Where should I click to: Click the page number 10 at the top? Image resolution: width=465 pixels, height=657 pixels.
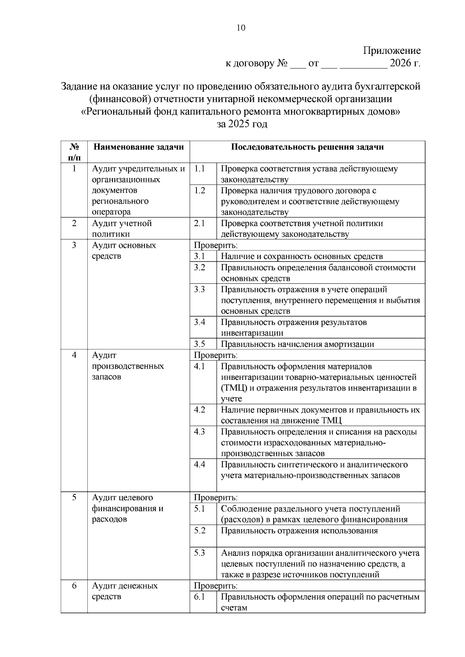[241, 28]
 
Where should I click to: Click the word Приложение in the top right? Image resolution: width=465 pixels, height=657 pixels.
[392, 51]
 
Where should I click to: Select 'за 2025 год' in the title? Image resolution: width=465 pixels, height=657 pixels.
[241, 124]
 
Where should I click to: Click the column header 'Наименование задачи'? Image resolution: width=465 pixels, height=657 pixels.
[138, 147]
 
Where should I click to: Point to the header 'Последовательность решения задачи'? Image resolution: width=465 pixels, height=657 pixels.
[307, 147]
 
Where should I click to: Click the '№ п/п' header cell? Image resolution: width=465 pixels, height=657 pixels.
[74, 152]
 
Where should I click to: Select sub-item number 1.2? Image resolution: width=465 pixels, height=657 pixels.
[200, 190]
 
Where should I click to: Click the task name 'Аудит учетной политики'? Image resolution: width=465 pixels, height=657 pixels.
[121, 228]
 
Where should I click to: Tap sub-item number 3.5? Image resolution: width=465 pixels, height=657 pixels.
[200, 344]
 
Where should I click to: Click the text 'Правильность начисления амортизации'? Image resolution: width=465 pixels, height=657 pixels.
[297, 344]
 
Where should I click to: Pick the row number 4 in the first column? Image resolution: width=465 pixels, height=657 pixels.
[74, 355]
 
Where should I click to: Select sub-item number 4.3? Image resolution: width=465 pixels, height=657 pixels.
[200, 432]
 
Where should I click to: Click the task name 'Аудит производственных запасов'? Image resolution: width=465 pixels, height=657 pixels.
[127, 366]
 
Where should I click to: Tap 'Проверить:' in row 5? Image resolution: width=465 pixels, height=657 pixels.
[215, 497]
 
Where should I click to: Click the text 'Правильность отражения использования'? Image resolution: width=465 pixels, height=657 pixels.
[299, 531]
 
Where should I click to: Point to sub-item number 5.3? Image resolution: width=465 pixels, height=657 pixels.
[200, 553]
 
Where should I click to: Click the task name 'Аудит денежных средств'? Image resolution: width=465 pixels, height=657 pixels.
[124, 591]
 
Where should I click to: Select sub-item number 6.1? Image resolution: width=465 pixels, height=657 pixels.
[200, 597]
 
